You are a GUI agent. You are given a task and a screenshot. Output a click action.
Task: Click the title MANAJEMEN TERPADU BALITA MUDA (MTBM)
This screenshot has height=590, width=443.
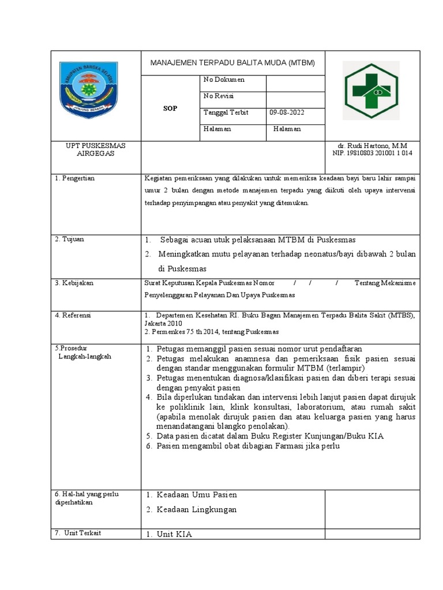[232, 63]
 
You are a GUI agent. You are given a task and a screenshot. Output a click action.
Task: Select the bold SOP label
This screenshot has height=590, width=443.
[170, 108]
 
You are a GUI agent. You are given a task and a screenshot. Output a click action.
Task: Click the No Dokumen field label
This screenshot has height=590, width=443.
[224, 80]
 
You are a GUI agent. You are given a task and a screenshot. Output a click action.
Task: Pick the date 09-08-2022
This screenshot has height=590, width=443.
[287, 112]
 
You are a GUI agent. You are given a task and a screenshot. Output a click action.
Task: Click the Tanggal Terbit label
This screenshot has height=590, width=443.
[226, 112]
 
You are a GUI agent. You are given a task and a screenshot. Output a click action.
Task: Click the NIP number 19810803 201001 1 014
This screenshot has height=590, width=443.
[373, 153]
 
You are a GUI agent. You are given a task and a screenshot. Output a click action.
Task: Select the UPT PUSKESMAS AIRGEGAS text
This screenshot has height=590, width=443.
[96, 150]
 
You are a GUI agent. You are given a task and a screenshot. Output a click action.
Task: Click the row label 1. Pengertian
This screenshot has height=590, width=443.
[75, 179]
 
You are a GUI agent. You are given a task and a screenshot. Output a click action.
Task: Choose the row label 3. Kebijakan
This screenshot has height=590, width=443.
[74, 283]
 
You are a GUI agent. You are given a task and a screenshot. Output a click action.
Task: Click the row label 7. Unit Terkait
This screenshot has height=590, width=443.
[78, 533]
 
